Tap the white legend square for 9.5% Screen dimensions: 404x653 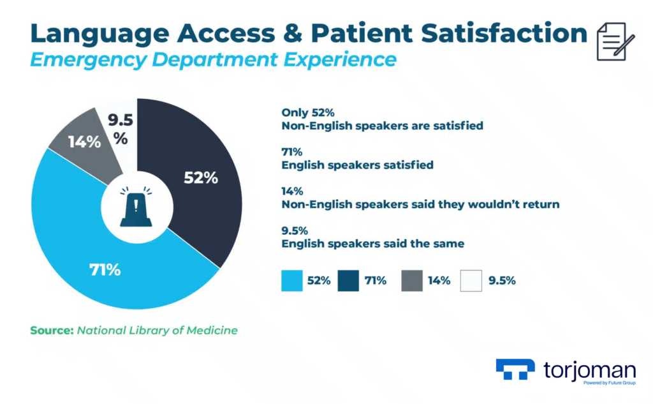pos(471,280)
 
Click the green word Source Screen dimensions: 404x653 pos(51,330)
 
